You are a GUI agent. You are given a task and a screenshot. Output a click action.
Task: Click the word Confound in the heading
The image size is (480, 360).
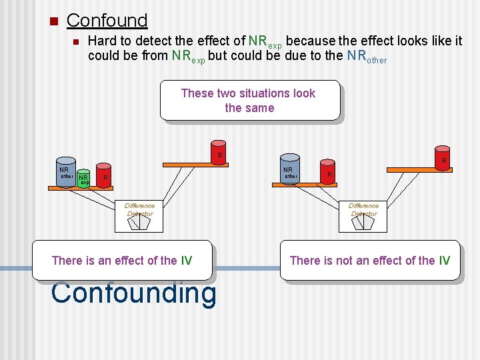(x=107, y=21)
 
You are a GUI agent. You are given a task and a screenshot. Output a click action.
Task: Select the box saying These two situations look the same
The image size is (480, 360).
(x=249, y=101)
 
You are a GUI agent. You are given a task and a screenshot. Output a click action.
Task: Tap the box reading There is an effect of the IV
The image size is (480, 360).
(x=122, y=260)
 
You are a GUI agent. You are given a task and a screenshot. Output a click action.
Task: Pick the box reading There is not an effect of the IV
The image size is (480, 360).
(x=369, y=260)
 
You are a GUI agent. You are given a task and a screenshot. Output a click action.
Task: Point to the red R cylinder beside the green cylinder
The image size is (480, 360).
(x=103, y=177)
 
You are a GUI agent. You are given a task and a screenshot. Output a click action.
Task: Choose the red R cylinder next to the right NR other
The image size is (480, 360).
(x=327, y=171)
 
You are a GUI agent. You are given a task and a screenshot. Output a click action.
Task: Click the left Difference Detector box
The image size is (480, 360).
(x=139, y=215)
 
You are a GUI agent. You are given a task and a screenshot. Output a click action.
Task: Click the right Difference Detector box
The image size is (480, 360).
(x=363, y=215)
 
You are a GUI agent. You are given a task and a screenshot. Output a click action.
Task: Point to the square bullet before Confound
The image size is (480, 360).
(x=53, y=21)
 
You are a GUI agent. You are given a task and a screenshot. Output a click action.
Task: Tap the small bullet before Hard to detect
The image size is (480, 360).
(x=75, y=42)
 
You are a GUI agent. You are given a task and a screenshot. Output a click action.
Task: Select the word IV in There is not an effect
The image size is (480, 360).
(x=444, y=260)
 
